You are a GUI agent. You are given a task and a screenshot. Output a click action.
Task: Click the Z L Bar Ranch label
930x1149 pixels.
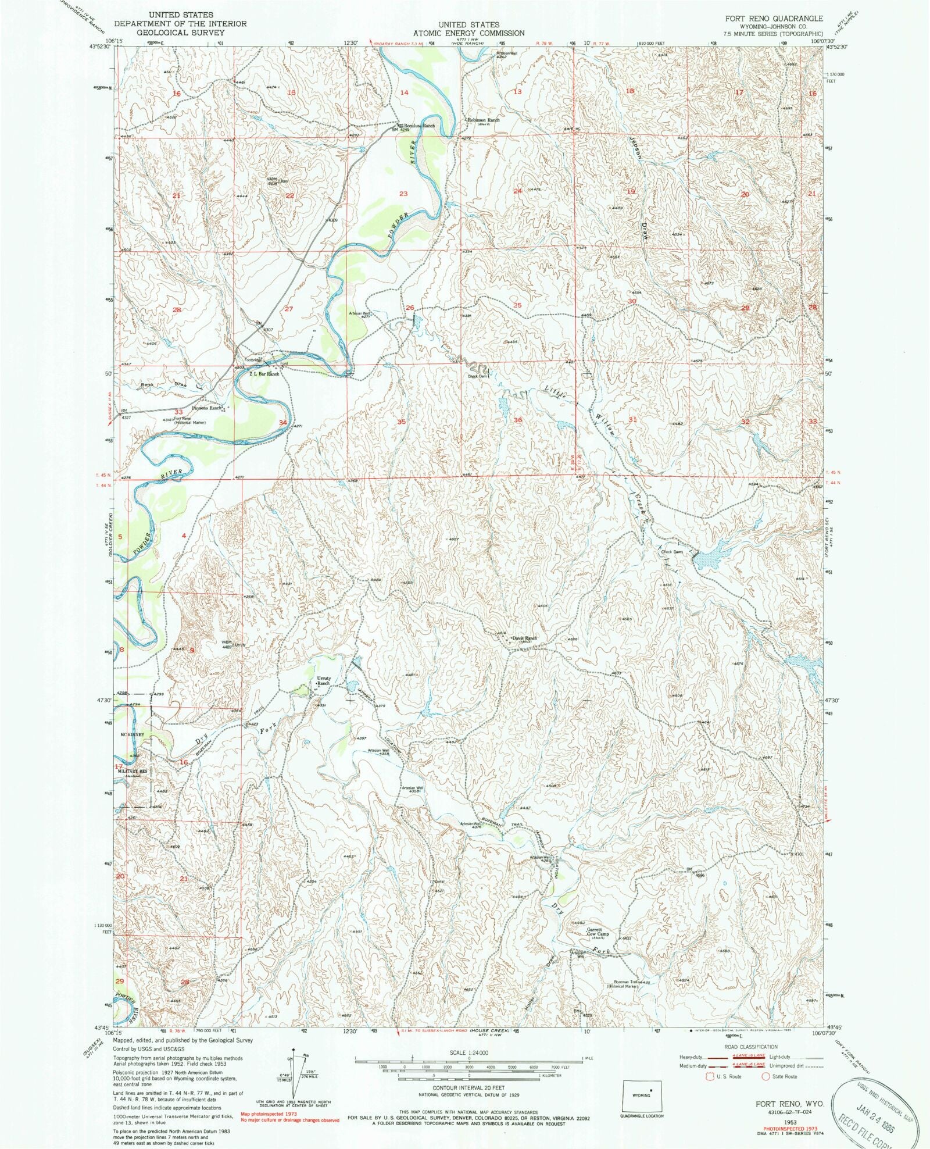coord(264,374)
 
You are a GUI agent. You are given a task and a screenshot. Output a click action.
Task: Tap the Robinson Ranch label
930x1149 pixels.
coord(482,120)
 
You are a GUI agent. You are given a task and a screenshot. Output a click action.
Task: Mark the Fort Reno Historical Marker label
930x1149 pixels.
coord(184,420)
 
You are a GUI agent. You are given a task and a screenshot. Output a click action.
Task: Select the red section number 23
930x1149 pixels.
coord(403,194)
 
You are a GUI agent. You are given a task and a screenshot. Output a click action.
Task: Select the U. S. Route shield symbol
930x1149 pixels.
coord(709,1076)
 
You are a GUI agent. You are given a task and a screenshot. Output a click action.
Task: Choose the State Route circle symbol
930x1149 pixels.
coord(766,1076)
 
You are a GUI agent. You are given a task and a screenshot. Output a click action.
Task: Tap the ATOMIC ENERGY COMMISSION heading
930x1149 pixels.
coord(468,33)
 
